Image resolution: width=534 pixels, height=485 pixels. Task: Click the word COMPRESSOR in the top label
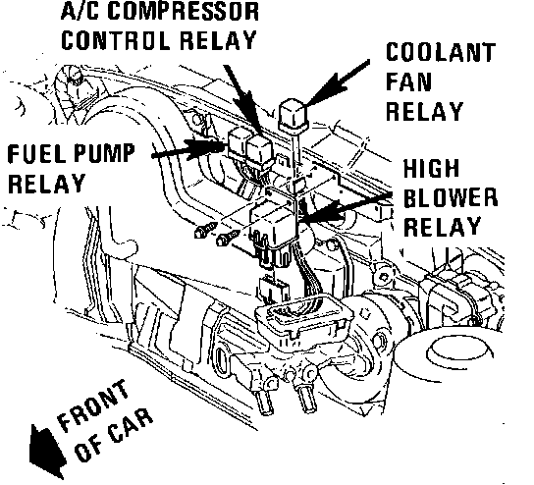184,11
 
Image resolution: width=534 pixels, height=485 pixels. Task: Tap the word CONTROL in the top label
116,40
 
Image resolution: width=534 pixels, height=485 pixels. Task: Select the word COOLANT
441,52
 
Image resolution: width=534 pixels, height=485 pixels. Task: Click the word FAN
408,81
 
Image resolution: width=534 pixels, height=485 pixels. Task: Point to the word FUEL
36,153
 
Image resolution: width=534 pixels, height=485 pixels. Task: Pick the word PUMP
104,153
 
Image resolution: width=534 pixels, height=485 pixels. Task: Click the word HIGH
432,168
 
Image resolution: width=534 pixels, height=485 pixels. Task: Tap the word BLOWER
451,197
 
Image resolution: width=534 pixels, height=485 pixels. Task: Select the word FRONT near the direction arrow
92,404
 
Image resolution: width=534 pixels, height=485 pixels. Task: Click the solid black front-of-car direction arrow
46,451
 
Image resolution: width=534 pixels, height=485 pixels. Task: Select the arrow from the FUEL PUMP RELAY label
188,149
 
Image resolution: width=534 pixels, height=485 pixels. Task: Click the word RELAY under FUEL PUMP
46,184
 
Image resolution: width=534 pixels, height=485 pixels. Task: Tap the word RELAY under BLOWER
442,227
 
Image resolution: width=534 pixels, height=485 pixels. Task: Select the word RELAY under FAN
424,111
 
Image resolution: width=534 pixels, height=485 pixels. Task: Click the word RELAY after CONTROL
218,40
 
